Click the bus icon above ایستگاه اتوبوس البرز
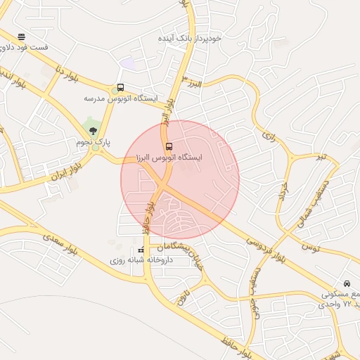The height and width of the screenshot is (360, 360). [x=169, y=146]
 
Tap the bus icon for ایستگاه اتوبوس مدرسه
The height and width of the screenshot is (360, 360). [x=121, y=89]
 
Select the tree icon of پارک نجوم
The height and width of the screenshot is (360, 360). [x=93, y=131]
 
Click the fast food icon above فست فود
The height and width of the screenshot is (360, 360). [x=22, y=37]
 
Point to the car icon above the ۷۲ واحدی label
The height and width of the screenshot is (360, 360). [x=346, y=283]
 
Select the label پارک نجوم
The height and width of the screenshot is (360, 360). [x=94, y=142]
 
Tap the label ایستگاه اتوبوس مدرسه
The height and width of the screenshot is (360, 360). [x=121, y=99]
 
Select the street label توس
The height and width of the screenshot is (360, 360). [x=308, y=247]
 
